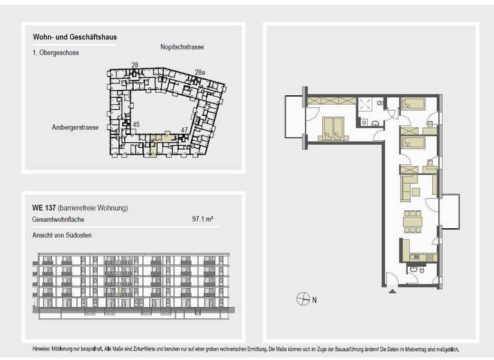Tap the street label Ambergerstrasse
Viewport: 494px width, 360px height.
pyautogui.click(x=75, y=127)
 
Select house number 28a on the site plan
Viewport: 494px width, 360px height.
pyautogui.click(x=200, y=73)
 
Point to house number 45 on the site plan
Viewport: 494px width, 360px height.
pyautogui.click(x=136, y=124)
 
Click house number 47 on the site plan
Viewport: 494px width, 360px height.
pyautogui.click(x=184, y=130)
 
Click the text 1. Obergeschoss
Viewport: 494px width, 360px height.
pyautogui.click(x=55, y=53)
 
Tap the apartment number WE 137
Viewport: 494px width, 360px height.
pyautogui.click(x=42, y=208)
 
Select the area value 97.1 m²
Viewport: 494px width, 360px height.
pyautogui.click(x=203, y=219)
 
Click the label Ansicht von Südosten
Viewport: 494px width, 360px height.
pyautogui.click(x=62, y=235)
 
